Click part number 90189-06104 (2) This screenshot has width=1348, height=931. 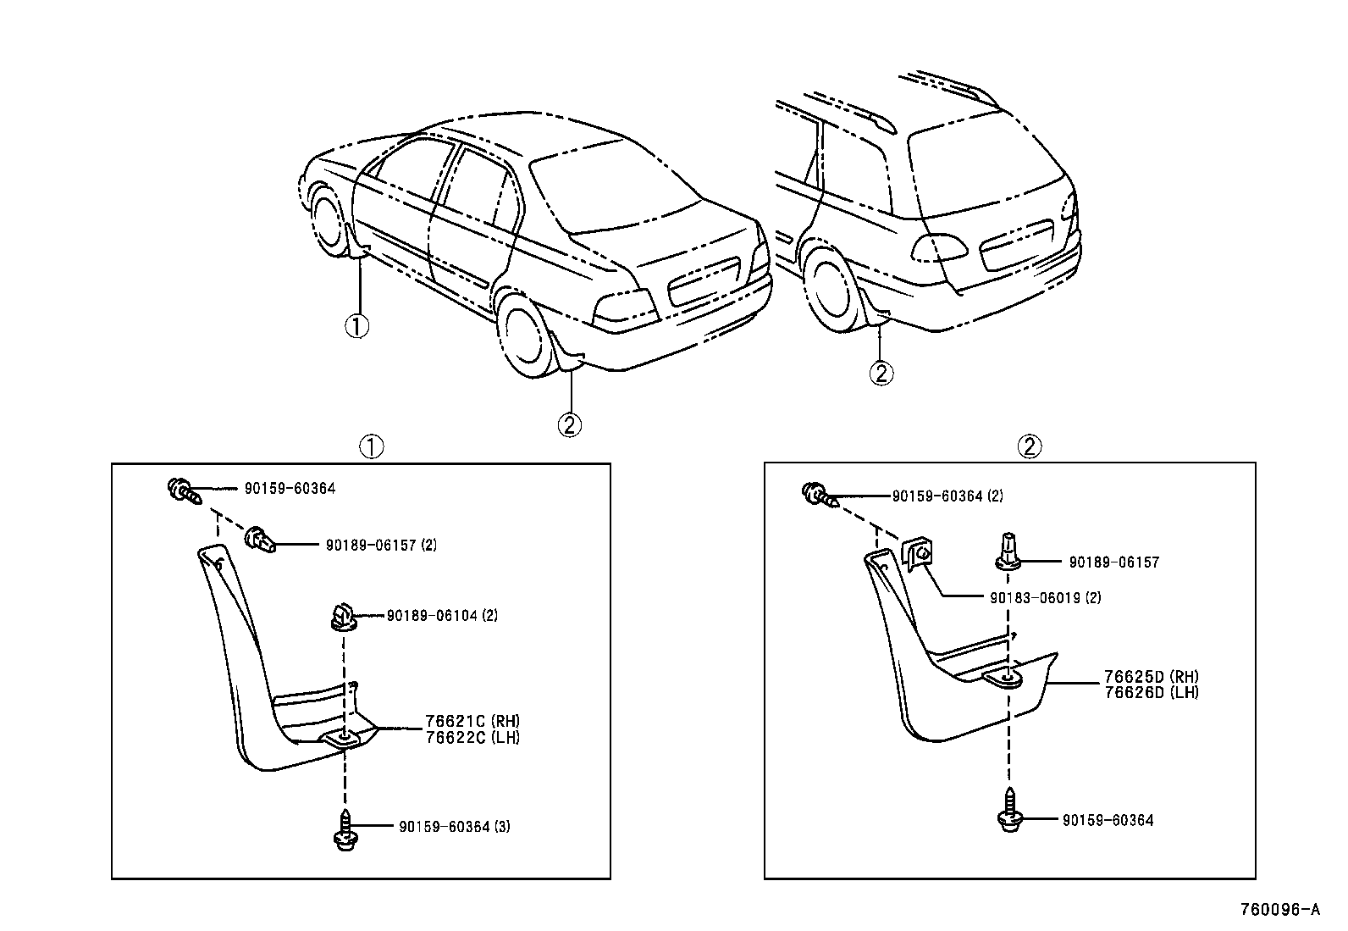pyautogui.click(x=442, y=616)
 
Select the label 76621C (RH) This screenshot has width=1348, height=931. pyautogui.click(x=472, y=722)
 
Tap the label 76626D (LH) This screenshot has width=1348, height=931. pyautogui.click(x=1152, y=692)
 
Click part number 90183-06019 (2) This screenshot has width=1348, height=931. pyautogui.click(x=1045, y=597)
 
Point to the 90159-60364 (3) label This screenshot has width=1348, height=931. pyautogui.click(x=454, y=826)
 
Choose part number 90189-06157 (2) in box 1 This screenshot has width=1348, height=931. pyautogui.click(x=381, y=546)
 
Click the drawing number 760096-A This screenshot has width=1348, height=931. pyautogui.click(x=1279, y=910)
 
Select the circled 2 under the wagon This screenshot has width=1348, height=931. pyautogui.click(x=881, y=373)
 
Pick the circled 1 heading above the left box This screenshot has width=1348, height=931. pyautogui.click(x=371, y=446)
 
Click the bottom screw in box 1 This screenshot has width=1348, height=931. pyautogui.click(x=344, y=831)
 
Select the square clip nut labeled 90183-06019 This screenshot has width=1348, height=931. pyautogui.click(x=919, y=555)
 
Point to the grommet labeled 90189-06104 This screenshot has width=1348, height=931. pyautogui.click(x=342, y=617)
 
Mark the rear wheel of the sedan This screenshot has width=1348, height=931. pyautogui.click(x=525, y=334)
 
